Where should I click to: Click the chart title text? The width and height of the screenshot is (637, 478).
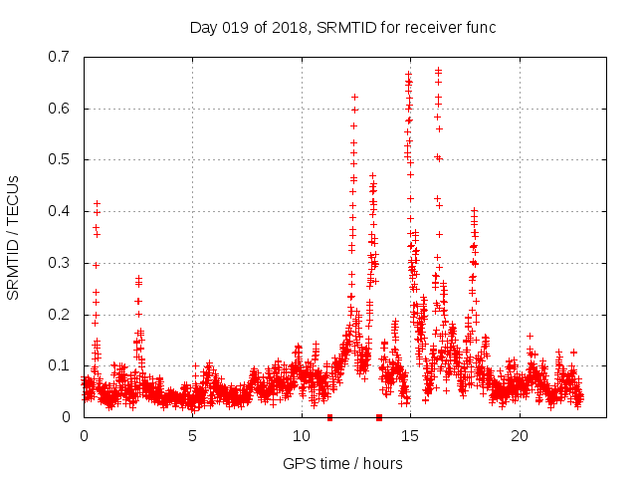pos(342,27)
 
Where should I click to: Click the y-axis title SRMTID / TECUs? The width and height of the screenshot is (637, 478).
pos(14,237)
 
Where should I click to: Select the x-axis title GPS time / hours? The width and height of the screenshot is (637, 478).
pos(342,463)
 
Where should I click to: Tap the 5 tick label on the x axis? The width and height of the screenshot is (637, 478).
pos(193,436)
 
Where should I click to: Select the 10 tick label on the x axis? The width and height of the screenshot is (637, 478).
pos(302,436)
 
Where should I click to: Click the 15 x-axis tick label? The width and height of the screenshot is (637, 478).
pos(410,436)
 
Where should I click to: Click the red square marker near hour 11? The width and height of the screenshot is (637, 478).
pos(329,417)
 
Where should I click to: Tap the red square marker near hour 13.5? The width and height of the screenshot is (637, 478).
pos(379,417)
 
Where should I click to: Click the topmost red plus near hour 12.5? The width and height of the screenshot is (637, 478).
pos(355,97)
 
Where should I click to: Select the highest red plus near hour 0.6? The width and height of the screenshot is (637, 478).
pos(97,203)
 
